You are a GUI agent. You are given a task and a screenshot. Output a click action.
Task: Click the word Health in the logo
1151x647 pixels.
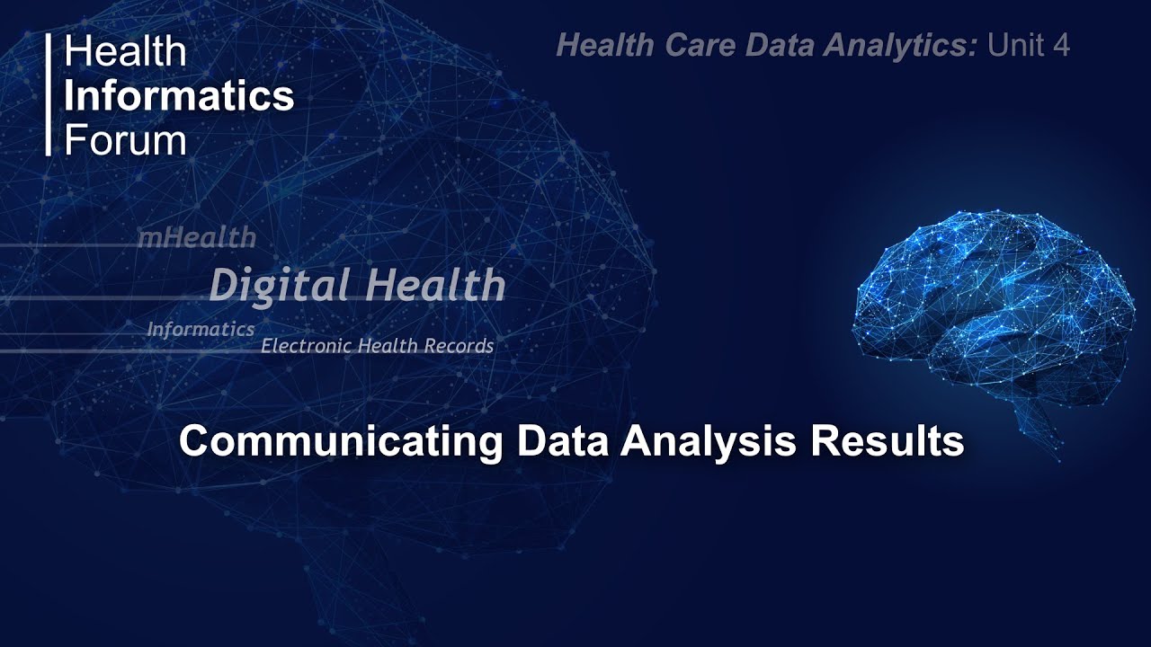click(124, 52)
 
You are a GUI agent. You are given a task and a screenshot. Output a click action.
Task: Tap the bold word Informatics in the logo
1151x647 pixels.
click(179, 95)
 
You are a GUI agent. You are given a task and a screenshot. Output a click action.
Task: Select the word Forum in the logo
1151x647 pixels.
click(125, 139)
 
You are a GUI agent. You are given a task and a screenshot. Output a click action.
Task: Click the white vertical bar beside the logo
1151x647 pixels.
click(49, 94)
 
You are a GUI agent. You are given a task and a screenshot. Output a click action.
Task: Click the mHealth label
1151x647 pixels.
click(196, 238)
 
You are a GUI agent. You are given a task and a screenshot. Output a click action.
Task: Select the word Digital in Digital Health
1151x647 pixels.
click(279, 286)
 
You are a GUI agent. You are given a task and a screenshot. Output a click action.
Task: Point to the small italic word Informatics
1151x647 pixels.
click(201, 330)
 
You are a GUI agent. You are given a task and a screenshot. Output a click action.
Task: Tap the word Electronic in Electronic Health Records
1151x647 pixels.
click(306, 346)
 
